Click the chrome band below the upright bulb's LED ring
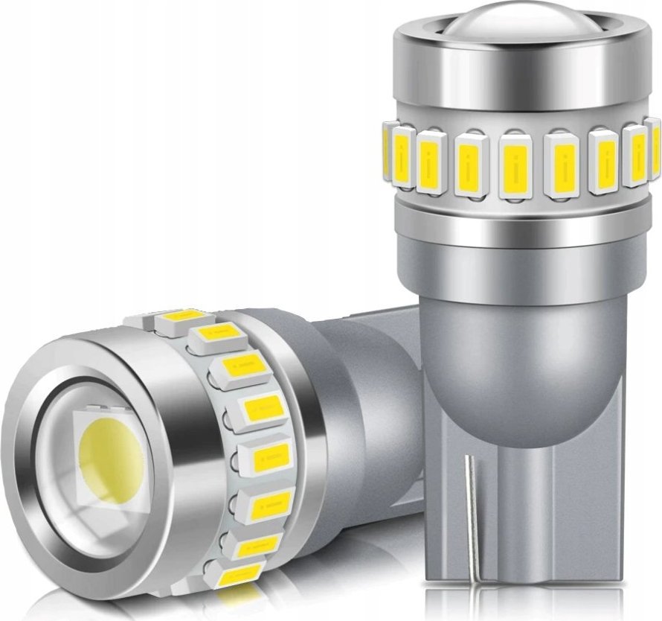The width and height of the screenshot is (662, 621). [521, 220]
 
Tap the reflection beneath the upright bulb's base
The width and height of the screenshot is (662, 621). [521, 607]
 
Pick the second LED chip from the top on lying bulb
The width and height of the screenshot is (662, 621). [212, 339]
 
